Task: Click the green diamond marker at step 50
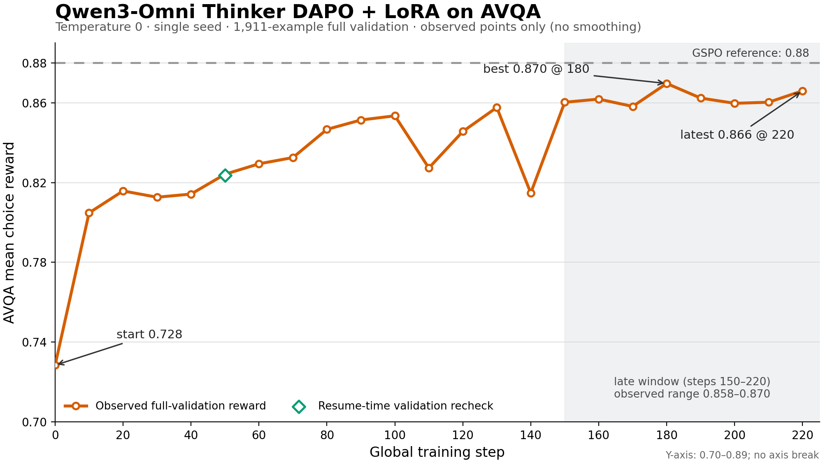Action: pyautogui.click(x=225, y=175)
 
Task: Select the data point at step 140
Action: pyautogui.click(x=531, y=193)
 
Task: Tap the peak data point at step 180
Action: pyautogui.click(x=667, y=84)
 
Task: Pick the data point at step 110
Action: pyautogui.click(x=429, y=168)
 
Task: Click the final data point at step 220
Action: pyautogui.click(x=802, y=91)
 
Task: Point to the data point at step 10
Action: pyautogui.click(x=89, y=213)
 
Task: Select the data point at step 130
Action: pyautogui.click(x=497, y=108)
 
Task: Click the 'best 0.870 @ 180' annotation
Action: pyautogui.click(x=536, y=69)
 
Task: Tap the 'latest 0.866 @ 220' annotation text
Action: pyautogui.click(x=737, y=135)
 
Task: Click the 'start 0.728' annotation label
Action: pyautogui.click(x=149, y=335)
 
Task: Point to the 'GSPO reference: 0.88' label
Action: pyautogui.click(x=751, y=53)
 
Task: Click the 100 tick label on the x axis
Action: pyautogui.click(x=395, y=435)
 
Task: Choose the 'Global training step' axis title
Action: pyautogui.click(x=437, y=452)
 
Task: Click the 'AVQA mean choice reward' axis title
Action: pyautogui.click(x=9, y=233)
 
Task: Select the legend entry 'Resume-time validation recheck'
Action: pyautogui.click(x=393, y=406)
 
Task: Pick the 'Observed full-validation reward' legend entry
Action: pyautogui.click(x=165, y=406)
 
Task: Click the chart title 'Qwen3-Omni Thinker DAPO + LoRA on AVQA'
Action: pyautogui.click(x=298, y=12)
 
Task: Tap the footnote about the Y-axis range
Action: pyautogui.click(x=742, y=455)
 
